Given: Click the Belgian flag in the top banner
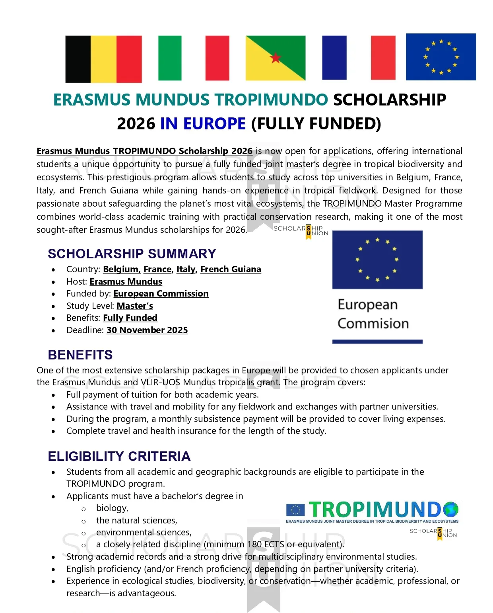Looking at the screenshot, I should (103, 59).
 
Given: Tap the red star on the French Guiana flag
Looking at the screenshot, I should (276, 58).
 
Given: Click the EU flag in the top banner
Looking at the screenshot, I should (441, 57).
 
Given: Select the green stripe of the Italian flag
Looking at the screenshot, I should (170, 58).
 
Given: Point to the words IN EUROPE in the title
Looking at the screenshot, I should (203, 124).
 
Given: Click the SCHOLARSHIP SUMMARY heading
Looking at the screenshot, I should (132, 254).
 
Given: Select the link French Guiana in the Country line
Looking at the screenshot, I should (231, 269).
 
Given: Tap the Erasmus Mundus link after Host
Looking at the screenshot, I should (126, 282).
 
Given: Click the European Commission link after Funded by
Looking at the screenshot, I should (161, 294).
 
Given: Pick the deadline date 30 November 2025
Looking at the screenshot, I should (147, 330).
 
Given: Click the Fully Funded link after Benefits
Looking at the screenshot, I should (130, 318).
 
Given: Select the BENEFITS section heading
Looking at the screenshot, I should (80, 355).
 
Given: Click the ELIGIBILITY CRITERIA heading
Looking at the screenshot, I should (119, 456).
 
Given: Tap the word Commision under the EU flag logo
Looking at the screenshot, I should (373, 324).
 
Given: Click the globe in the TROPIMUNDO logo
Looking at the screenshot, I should (450, 509).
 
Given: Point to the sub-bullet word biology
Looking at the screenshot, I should (112, 508).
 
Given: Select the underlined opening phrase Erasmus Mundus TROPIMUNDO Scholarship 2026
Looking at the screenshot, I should (144, 151).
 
